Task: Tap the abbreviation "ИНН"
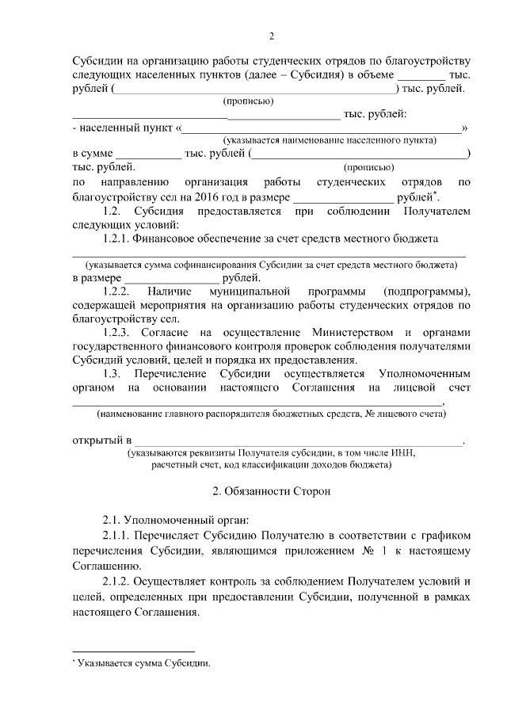coord(402,453)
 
